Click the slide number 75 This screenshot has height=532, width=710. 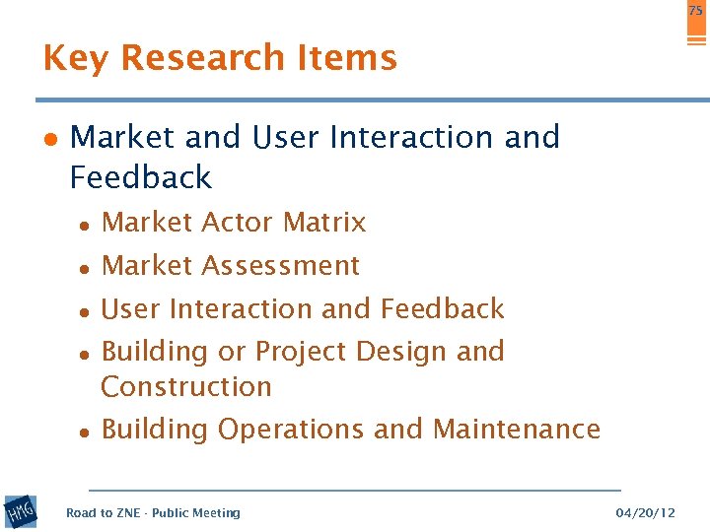point(695,10)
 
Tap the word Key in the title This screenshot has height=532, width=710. point(76,58)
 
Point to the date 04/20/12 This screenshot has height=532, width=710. point(645,513)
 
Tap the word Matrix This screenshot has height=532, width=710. point(323,223)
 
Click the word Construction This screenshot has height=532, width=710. point(186,386)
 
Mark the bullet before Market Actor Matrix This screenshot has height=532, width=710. point(87,225)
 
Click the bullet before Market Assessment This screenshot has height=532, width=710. point(87,268)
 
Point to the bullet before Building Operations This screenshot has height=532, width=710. point(87,432)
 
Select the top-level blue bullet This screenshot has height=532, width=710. point(49,139)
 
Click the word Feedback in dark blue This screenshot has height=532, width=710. point(141,177)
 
